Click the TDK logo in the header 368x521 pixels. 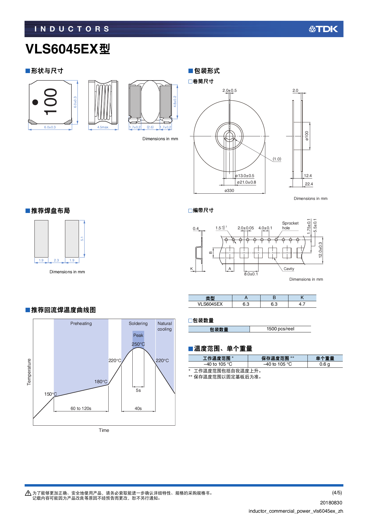(323, 29)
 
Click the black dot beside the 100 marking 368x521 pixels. (35, 102)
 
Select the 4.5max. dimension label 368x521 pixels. (103, 127)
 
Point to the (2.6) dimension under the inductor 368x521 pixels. (150, 127)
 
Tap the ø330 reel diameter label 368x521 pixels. (229, 191)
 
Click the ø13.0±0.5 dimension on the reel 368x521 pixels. (245, 176)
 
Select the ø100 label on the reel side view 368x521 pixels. (307, 136)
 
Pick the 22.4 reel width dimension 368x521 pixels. (309, 184)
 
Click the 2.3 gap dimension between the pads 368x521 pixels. (56, 260)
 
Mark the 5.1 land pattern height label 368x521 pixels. (82, 239)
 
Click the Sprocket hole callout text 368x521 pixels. (290, 225)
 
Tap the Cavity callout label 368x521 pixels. (289, 269)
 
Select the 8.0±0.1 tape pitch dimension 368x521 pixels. (251, 274)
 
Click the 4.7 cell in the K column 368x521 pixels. (302, 304)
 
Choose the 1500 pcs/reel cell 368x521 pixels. (280, 329)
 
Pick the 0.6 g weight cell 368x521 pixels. (325, 364)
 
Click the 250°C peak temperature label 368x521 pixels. (138, 344)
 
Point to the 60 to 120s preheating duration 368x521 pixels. (81, 408)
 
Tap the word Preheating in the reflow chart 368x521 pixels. (81, 323)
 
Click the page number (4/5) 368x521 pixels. (337, 492)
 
